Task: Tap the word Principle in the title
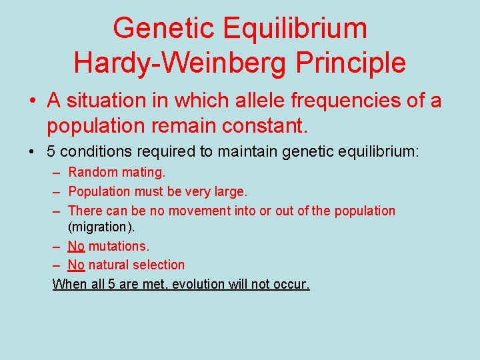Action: tap(351, 63)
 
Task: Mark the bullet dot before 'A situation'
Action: tap(32, 101)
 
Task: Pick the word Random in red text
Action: tap(92, 173)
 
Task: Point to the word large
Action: tap(231, 192)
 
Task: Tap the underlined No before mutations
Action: tap(76, 247)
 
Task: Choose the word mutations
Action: tap(115, 247)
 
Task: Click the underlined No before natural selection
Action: tap(76, 265)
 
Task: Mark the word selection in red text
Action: tap(161, 265)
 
